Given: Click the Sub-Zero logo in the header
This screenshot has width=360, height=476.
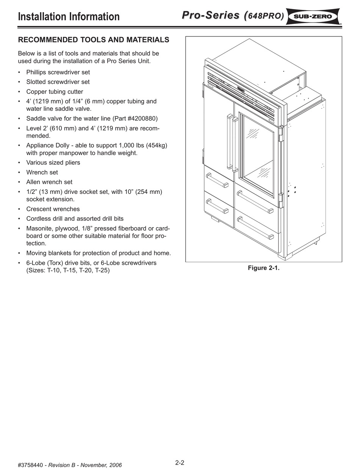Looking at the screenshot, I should pos(313,16).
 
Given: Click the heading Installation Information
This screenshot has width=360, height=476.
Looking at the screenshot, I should pos(69,17).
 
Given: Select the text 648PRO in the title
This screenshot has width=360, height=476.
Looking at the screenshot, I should pos(265,16).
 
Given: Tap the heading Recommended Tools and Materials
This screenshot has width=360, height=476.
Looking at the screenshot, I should pos(94,40).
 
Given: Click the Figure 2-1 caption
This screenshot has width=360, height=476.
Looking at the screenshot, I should pos(263,268).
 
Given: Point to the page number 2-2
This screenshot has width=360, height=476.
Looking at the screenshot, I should pos(180,463).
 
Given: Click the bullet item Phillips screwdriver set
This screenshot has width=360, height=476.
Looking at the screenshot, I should pos(58,72).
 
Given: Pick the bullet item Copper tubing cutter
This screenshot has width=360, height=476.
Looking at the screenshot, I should pos(55,92).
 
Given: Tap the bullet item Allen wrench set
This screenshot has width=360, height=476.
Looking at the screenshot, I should pos(49,182).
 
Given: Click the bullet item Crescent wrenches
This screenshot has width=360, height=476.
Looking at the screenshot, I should pos(53,209).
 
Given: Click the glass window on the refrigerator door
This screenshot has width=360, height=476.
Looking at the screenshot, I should pos(258,156).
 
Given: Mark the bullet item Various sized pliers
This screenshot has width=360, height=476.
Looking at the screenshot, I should pos(53,163).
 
